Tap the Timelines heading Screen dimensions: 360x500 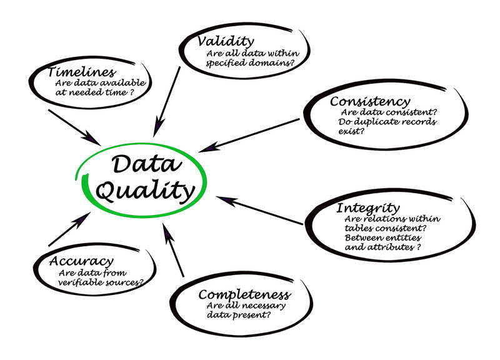click(x=81, y=72)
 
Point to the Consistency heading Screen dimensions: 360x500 click(x=370, y=101)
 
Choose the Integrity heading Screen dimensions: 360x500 click(x=368, y=207)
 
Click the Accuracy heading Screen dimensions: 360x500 click(x=82, y=261)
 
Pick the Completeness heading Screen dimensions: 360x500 click(x=244, y=294)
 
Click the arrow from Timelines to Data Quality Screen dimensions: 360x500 click(x=73, y=124)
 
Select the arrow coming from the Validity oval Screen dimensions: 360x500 click(x=167, y=100)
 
